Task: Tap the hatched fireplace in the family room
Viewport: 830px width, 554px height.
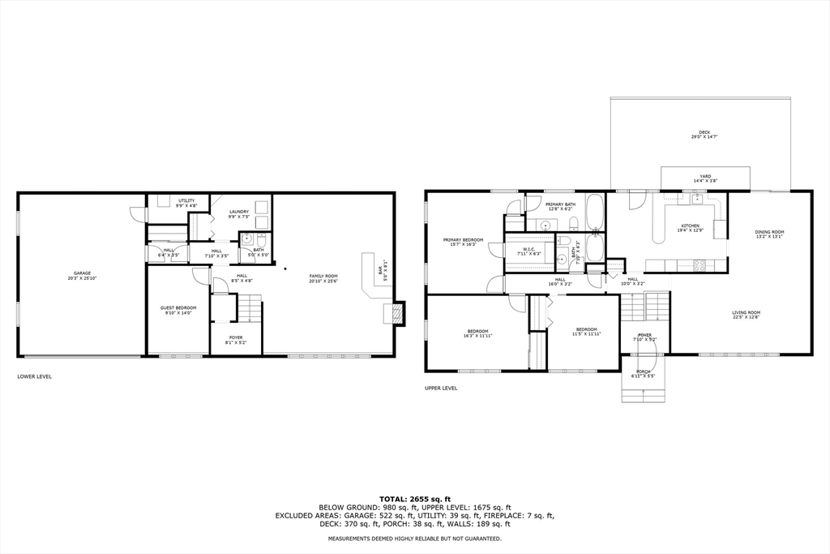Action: (397, 314)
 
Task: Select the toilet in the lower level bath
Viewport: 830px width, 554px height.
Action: (247, 239)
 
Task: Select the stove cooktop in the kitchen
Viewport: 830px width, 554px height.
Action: (699, 264)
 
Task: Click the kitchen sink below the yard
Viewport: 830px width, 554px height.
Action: (695, 198)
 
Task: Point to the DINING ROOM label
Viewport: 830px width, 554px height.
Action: (769, 234)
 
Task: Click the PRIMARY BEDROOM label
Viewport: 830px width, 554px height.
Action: (463, 242)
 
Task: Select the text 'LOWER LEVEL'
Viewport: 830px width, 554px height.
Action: (35, 376)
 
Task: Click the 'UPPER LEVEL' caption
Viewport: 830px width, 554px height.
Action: (441, 388)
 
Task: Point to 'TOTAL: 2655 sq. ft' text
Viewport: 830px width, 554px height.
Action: (414, 499)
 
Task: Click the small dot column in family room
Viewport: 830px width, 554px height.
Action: (285, 267)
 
